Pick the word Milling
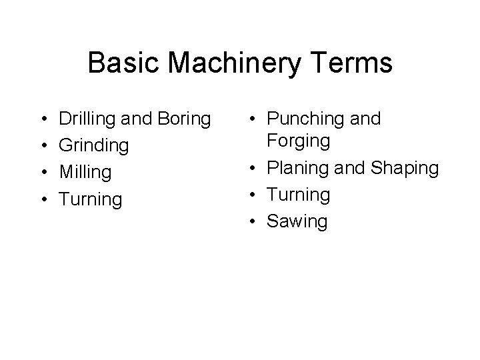pyautogui.click(x=85, y=172)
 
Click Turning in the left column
pyautogui.click(x=91, y=199)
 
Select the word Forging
pyautogui.click(x=298, y=141)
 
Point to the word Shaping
pyautogui.click(x=404, y=168)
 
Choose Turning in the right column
pyautogui.click(x=298, y=195)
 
